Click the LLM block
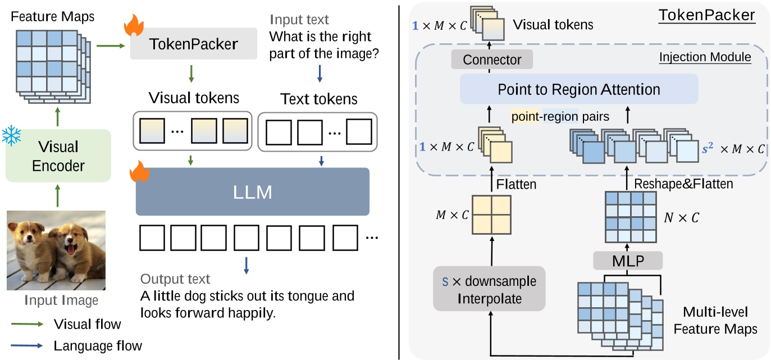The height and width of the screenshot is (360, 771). click(x=253, y=192)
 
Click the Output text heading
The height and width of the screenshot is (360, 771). click(x=175, y=279)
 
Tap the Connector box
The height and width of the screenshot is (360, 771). click(x=492, y=60)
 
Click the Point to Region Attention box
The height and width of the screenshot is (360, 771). click(x=578, y=89)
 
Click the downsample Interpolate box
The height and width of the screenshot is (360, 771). click(x=489, y=289)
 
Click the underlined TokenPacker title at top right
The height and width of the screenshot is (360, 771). click(x=706, y=15)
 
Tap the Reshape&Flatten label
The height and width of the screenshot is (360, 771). click(x=683, y=184)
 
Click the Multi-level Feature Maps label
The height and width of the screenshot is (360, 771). click(x=720, y=320)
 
